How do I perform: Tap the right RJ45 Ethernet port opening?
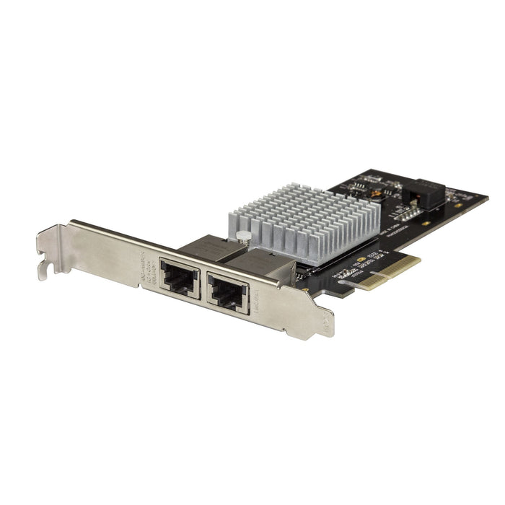(x=228, y=292)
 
